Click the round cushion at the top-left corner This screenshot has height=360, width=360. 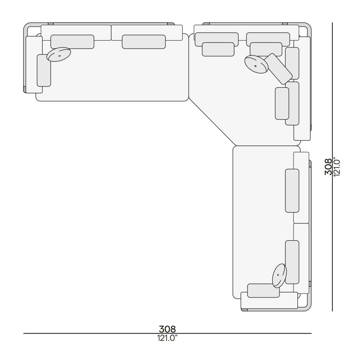[x=59, y=54]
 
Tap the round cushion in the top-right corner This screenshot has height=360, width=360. [x=256, y=65]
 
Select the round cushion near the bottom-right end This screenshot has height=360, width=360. [x=279, y=275]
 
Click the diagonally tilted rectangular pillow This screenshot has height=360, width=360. [x=279, y=69]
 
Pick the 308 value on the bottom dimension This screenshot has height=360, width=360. [x=167, y=329]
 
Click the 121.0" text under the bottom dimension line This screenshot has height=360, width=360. [x=167, y=338]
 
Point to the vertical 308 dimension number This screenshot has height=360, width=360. [x=328, y=167]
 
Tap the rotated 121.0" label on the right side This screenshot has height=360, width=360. [x=337, y=167]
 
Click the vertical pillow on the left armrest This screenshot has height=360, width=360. [x=44, y=71]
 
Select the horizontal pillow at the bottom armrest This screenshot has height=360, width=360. [x=264, y=291]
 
